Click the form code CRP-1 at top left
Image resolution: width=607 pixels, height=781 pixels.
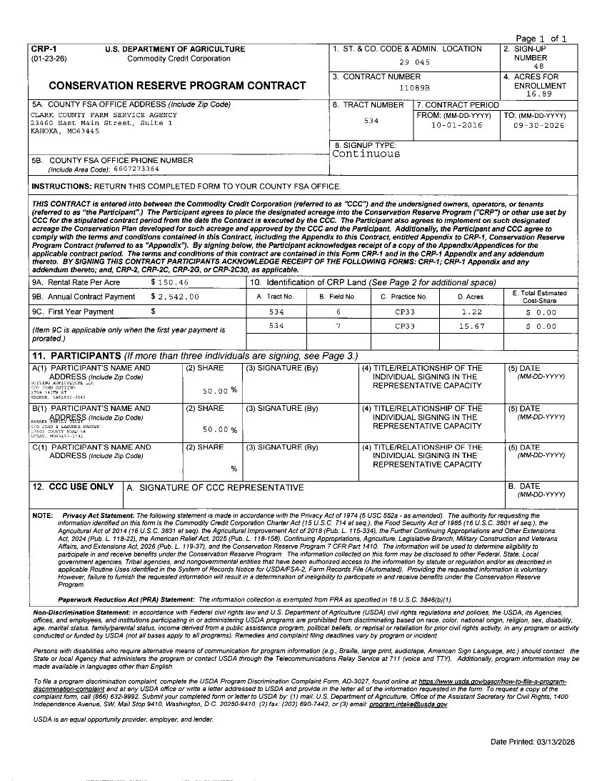click(39, 49)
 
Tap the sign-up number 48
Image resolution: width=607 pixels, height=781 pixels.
click(538, 66)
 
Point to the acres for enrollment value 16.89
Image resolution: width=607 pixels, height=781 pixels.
click(538, 94)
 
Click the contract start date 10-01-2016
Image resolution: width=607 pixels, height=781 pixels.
click(456, 125)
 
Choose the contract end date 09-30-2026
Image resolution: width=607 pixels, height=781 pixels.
click(538, 125)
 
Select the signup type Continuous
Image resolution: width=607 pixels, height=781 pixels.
click(366, 154)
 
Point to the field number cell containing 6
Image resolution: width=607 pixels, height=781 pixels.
click(338, 312)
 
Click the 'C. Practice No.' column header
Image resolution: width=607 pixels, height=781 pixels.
click(403, 297)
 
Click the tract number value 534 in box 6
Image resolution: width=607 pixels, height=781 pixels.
click(371, 121)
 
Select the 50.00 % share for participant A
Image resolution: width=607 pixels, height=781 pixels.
click(216, 391)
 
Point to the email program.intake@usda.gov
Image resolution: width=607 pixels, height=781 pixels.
click(407, 705)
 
